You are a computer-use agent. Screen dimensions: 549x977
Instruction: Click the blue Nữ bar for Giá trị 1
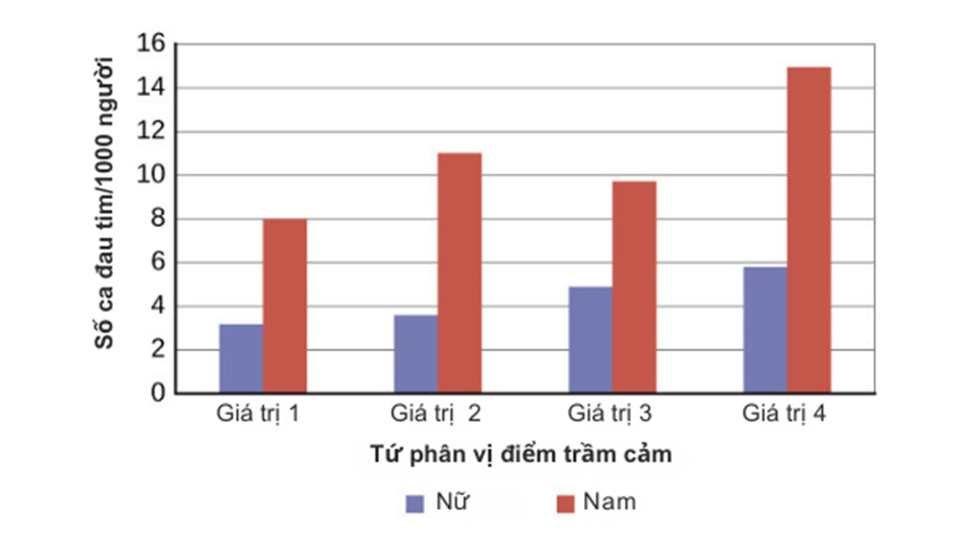[x=240, y=358]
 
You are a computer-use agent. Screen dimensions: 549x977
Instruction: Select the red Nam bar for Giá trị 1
[x=285, y=306]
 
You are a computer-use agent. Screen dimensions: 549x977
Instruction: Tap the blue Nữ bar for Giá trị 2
[x=416, y=354]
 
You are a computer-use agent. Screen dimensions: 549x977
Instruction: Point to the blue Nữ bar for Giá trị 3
[x=590, y=340]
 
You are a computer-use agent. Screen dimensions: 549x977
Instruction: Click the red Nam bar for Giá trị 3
[x=634, y=287]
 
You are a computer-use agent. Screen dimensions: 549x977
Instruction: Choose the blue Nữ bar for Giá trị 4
[x=765, y=330]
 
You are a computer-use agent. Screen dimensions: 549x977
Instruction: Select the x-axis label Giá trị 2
[x=436, y=415]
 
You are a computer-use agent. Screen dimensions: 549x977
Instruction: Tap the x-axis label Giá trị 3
[x=610, y=415]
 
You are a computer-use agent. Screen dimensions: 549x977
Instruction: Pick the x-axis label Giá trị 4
[x=785, y=415]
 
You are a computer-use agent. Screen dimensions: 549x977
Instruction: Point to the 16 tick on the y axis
[x=150, y=44]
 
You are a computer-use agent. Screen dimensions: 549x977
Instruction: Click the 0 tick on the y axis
[x=157, y=393]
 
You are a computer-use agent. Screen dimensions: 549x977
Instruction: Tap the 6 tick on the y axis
[x=157, y=262]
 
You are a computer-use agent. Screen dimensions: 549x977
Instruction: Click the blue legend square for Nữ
[x=414, y=503]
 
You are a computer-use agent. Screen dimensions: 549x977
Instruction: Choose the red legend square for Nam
[x=565, y=503]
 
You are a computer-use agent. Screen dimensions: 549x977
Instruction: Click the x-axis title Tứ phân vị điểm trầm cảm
[x=521, y=454]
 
